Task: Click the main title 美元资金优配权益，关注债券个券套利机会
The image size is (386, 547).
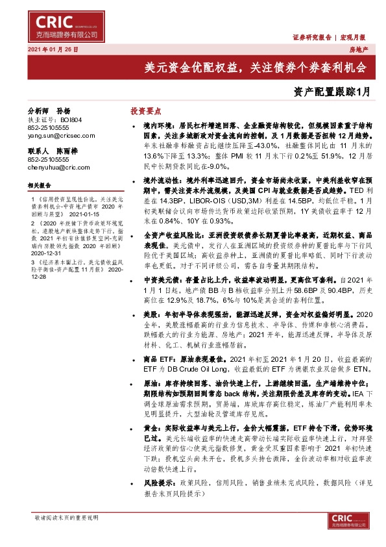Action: click(x=255, y=67)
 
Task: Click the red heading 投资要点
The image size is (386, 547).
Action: click(x=146, y=111)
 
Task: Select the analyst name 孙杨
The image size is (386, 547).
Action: click(x=63, y=111)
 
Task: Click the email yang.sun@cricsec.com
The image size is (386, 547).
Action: click(x=54, y=136)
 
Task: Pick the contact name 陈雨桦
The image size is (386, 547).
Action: click(x=67, y=150)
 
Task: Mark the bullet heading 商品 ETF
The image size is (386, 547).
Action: click(x=157, y=360)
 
